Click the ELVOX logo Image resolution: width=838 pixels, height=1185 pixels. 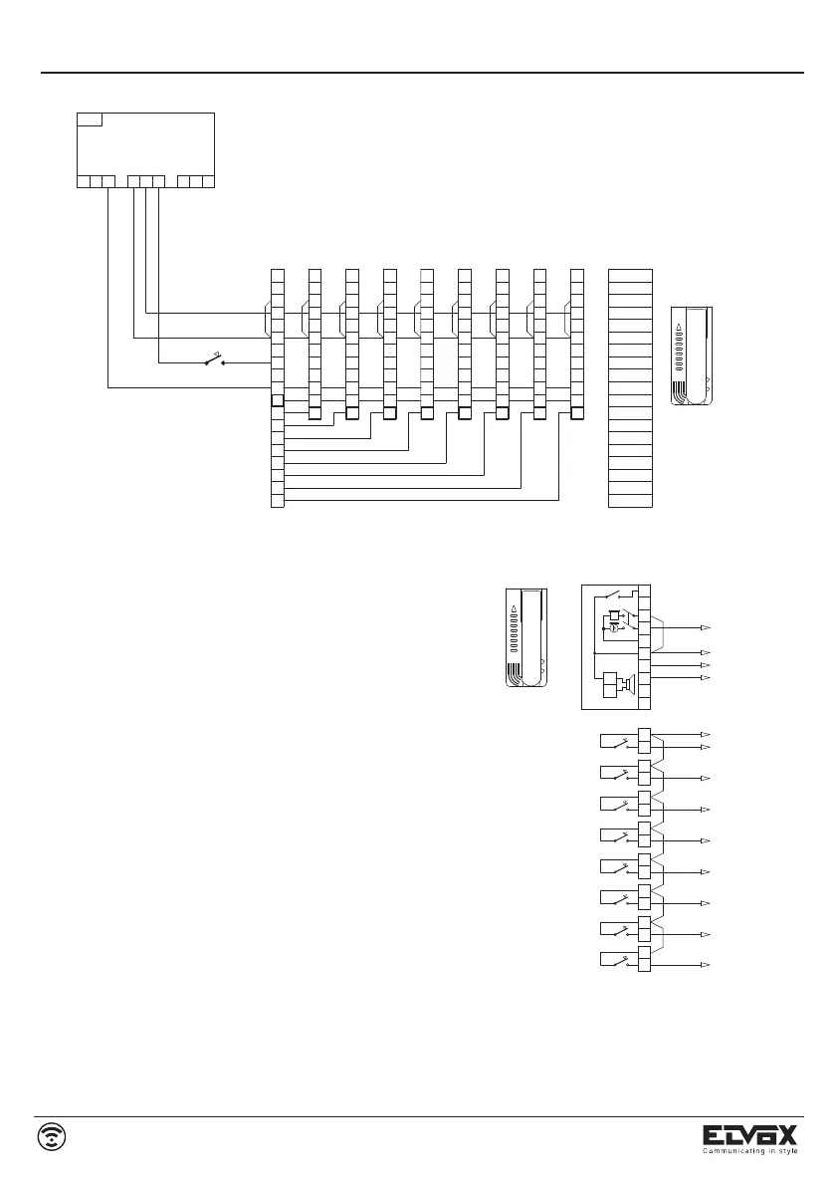(x=750, y=1135)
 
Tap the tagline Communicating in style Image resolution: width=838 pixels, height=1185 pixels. (x=750, y=1151)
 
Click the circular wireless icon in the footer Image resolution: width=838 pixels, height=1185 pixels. (x=53, y=1136)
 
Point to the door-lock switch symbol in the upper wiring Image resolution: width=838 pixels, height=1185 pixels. (x=213, y=360)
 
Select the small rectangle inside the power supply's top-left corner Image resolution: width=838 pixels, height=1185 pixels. (x=89, y=119)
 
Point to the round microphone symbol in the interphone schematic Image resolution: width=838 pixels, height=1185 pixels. (x=614, y=628)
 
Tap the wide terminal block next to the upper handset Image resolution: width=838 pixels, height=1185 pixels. (x=630, y=388)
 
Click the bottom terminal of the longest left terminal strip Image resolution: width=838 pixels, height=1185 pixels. (x=278, y=501)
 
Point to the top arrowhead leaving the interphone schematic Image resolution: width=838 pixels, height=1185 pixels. (x=705, y=628)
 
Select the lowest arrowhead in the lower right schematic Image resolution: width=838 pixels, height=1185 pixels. (x=705, y=966)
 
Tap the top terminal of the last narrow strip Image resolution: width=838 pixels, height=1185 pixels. (x=576, y=275)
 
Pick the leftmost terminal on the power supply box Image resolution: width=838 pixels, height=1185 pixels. (x=83, y=181)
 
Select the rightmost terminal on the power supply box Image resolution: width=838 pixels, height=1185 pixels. (x=209, y=181)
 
